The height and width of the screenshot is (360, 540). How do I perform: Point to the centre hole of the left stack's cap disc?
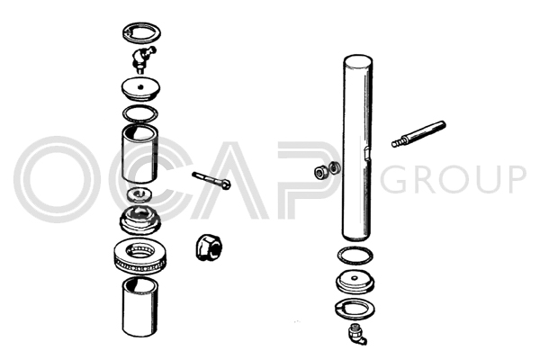[x=139, y=86]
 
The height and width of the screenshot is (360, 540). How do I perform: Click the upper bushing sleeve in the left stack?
[x=140, y=154]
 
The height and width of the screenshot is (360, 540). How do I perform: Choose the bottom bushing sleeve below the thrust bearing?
[x=140, y=307]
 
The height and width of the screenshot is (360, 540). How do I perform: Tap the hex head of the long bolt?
[x=226, y=185]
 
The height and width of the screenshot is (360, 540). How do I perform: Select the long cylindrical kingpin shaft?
[x=357, y=148]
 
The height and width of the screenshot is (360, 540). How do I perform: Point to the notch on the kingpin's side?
[x=367, y=154]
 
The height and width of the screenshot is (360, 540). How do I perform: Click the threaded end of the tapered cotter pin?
[x=398, y=142]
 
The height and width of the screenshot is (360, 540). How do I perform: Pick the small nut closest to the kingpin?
[x=334, y=167]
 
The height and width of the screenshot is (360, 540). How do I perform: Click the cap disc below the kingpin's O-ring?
[x=355, y=282]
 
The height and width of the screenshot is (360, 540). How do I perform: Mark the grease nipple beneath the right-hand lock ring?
[x=357, y=334]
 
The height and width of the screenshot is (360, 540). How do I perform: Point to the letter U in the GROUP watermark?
[x=480, y=179]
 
